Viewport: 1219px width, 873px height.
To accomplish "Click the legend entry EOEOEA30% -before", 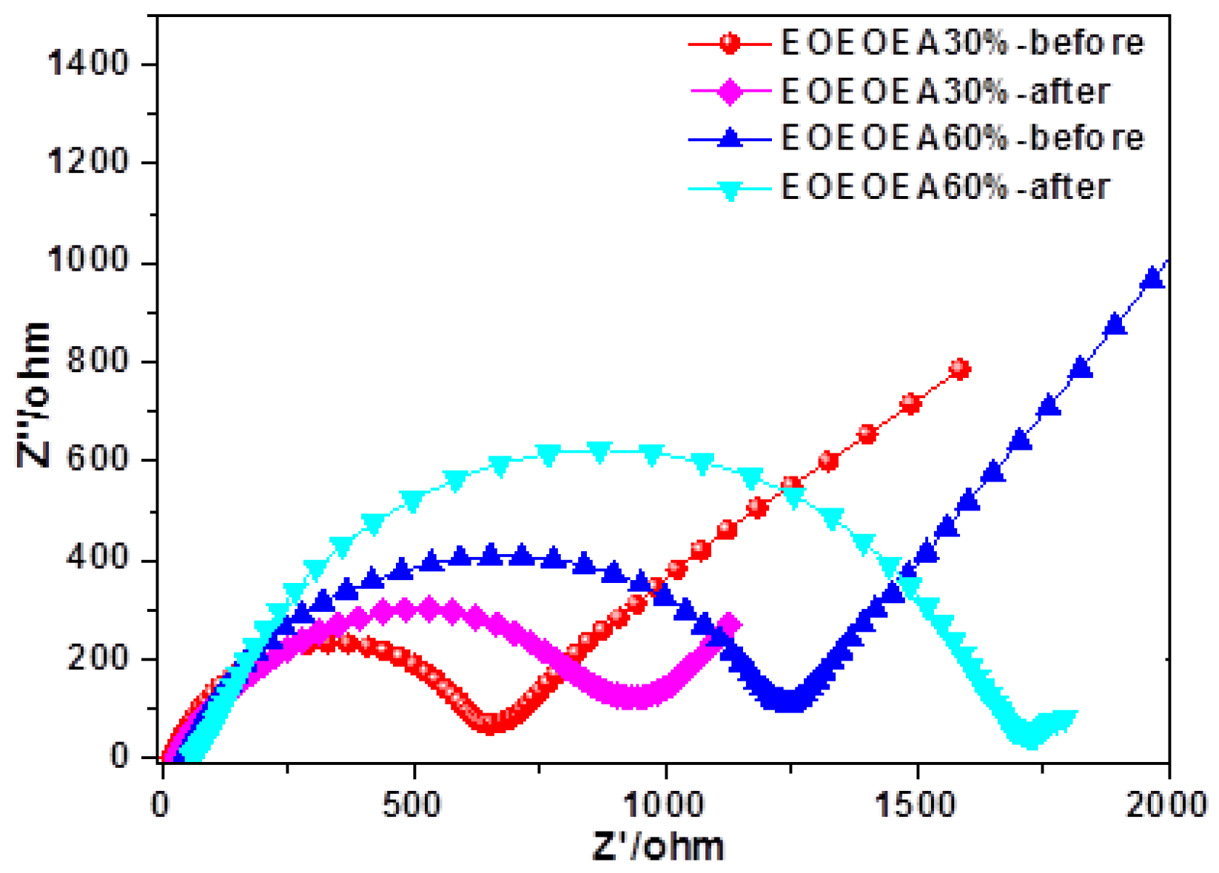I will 962,43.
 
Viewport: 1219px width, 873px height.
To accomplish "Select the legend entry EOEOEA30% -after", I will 945,92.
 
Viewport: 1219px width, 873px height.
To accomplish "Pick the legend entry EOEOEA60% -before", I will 962,138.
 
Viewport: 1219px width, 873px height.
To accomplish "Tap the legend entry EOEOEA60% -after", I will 945,186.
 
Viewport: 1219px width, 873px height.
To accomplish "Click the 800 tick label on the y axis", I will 98,362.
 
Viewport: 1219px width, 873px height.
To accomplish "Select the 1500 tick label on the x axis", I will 918,804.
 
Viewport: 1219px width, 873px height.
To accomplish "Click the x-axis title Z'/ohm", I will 658,846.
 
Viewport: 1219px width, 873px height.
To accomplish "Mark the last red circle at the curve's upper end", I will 959,369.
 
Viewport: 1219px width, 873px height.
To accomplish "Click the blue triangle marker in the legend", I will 731,138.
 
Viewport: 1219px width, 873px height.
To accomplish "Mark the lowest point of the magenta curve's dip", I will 633,697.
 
